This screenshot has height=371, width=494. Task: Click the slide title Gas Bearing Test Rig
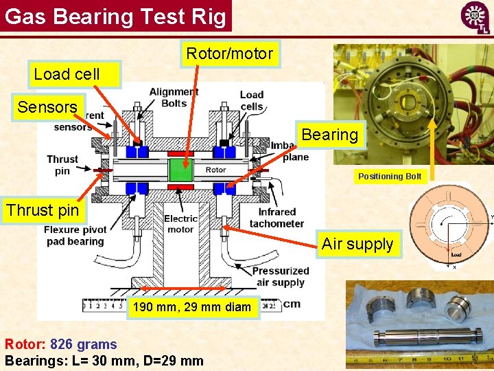coord(115,16)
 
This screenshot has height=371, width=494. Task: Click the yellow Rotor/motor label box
coord(230,54)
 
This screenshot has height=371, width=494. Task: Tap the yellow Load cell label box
coord(67,74)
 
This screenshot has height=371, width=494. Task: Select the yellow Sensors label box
coord(47,107)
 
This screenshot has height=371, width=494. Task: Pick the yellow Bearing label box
coord(329,135)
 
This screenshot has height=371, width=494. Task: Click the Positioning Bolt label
coord(389,177)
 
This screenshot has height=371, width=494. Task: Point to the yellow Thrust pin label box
coord(43,210)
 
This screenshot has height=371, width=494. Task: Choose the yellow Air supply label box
coord(357,244)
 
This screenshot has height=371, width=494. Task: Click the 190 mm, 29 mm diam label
coord(192,307)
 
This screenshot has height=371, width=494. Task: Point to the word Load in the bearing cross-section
coord(456,254)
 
